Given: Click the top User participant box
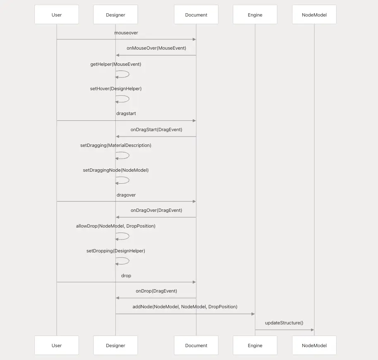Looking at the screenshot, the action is [57, 14].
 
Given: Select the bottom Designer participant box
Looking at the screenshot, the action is [115, 345].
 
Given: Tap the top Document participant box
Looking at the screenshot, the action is [196, 14].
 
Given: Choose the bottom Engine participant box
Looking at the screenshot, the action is [255, 345].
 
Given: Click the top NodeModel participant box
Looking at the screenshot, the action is [314, 14].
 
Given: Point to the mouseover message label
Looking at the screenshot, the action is [126, 33].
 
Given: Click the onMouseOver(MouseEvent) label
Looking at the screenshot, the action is [156, 48].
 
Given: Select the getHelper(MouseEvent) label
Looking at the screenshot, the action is [116, 65].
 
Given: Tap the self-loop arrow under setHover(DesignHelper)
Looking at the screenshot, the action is [129, 99].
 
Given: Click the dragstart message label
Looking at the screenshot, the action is [126, 113].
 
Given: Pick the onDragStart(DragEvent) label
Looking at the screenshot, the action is [156, 130].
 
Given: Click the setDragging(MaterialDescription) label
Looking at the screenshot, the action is [116, 145].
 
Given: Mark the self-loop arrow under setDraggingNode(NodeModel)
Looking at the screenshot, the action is [129, 180].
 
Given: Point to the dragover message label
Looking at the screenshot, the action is [126, 195].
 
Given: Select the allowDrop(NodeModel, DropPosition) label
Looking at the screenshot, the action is [116, 226].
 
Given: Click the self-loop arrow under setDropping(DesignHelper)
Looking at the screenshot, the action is [129, 261].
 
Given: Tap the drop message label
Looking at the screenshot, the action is [126, 276].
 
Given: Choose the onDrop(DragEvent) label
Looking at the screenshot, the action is [156, 291].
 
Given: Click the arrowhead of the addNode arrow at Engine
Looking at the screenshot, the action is [253, 314].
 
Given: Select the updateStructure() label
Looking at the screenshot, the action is [284, 323].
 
